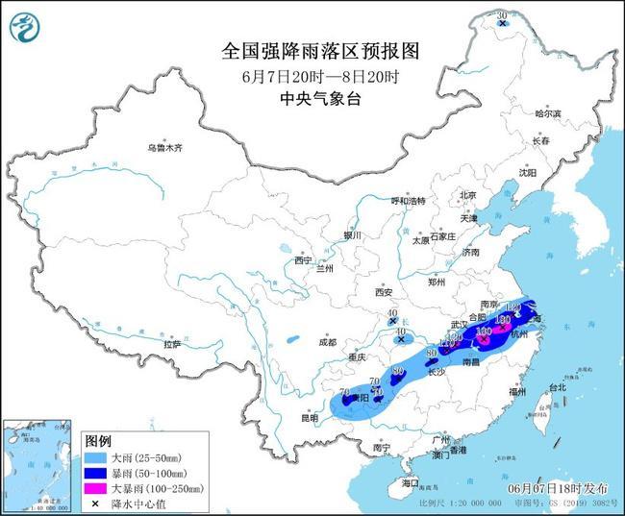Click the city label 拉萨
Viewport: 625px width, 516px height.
(173, 343)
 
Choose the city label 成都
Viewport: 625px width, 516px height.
(327, 342)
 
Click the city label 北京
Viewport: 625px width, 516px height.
(468, 195)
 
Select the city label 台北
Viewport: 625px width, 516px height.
(557, 387)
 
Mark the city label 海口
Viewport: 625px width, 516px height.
(412, 480)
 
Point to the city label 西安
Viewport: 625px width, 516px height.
(385, 291)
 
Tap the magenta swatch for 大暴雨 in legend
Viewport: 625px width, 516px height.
(95, 488)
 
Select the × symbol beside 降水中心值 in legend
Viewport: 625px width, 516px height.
(95, 503)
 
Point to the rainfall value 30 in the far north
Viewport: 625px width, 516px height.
(501, 14)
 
